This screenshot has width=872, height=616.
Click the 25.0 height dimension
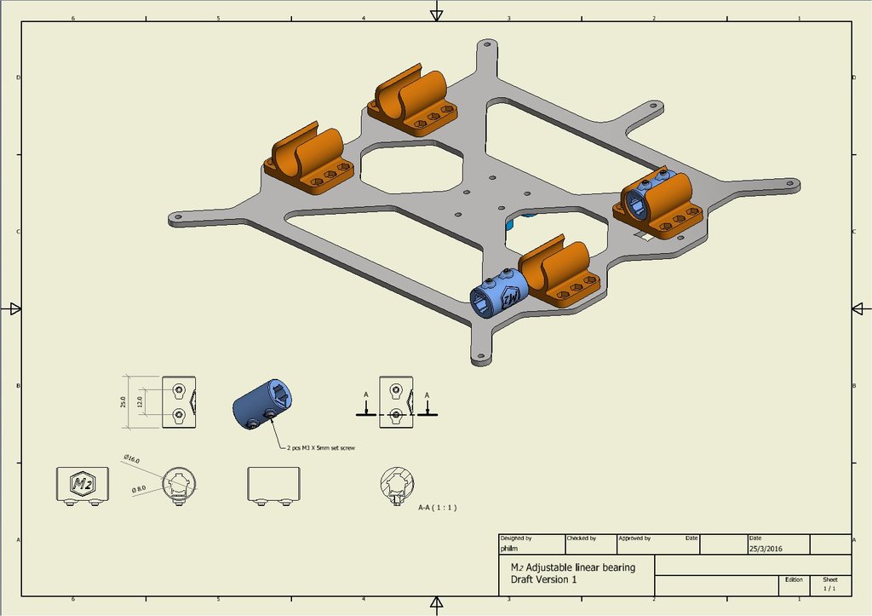(123, 401)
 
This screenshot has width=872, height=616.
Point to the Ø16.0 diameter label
(131, 459)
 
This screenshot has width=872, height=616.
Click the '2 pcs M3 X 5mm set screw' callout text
(323, 446)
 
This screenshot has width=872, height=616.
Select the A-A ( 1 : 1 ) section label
(438, 507)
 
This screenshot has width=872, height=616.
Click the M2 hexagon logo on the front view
(82, 485)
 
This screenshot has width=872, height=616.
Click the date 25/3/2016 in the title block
(765, 548)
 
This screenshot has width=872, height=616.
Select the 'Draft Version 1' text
(543, 580)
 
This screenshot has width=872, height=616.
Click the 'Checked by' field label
(582, 538)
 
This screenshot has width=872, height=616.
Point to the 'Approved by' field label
(634, 538)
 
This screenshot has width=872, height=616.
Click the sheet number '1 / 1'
(829, 588)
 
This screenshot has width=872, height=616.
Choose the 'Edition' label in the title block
(794, 579)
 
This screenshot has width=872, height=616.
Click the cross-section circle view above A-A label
(398, 486)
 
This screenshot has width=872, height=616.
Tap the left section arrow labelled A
(365, 407)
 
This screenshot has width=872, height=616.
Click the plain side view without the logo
(272, 485)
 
